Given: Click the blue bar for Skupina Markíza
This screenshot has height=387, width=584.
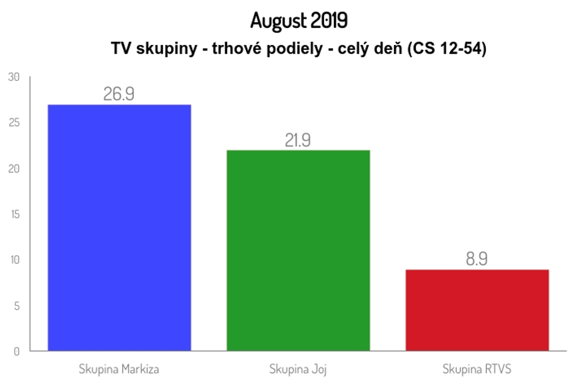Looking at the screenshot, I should (119, 228).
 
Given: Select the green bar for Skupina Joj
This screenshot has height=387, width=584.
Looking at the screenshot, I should (298, 250).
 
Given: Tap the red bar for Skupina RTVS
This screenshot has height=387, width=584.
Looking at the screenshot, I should (477, 310).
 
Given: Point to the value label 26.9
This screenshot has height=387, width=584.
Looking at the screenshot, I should (119, 94).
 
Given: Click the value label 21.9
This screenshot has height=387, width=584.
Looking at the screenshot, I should (298, 141).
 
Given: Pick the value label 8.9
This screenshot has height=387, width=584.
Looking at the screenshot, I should (477, 259).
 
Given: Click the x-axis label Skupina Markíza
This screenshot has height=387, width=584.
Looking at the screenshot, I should (119, 369).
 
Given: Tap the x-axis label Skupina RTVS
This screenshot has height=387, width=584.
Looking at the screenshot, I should (477, 369).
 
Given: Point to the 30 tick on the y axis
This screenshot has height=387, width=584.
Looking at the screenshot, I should (14, 77).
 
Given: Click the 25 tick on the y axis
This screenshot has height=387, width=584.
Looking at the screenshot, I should (14, 123).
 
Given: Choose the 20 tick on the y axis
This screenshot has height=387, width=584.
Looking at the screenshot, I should (14, 169).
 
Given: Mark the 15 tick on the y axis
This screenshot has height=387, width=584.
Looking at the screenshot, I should (14, 214).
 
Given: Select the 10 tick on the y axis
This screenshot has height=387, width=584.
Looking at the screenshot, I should (14, 260).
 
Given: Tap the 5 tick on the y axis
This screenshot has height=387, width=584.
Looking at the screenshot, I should (16, 305).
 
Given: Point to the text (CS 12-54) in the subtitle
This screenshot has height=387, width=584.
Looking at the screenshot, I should (447, 49).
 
